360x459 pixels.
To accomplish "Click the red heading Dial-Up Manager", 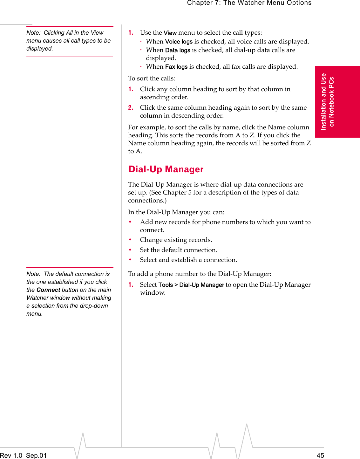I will coord(166,169).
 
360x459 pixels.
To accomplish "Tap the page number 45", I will coord(320,455).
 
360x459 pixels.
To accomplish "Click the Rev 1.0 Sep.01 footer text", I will coord(23,455).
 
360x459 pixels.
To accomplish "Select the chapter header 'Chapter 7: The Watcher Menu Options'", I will coord(249,3).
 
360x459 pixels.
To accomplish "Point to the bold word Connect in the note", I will coord(48,290).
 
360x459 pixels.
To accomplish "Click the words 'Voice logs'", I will coord(179,42).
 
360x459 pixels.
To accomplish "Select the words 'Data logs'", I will coord(178,50).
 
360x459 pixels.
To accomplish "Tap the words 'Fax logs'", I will coord(176,67).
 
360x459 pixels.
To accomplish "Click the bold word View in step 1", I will coord(170,33).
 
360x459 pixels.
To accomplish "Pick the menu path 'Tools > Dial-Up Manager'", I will coord(191,285).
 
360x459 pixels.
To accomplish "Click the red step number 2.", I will coord(131,108).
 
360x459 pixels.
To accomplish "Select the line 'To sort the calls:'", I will coord(152,78).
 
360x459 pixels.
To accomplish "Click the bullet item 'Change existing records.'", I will coord(176,240).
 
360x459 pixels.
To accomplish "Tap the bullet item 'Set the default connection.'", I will coord(179,250).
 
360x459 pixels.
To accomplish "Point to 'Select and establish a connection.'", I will coord(188,260).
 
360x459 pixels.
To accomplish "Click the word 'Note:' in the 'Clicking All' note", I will coord(33,33).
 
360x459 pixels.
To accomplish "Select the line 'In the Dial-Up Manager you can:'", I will coord(176,212).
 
